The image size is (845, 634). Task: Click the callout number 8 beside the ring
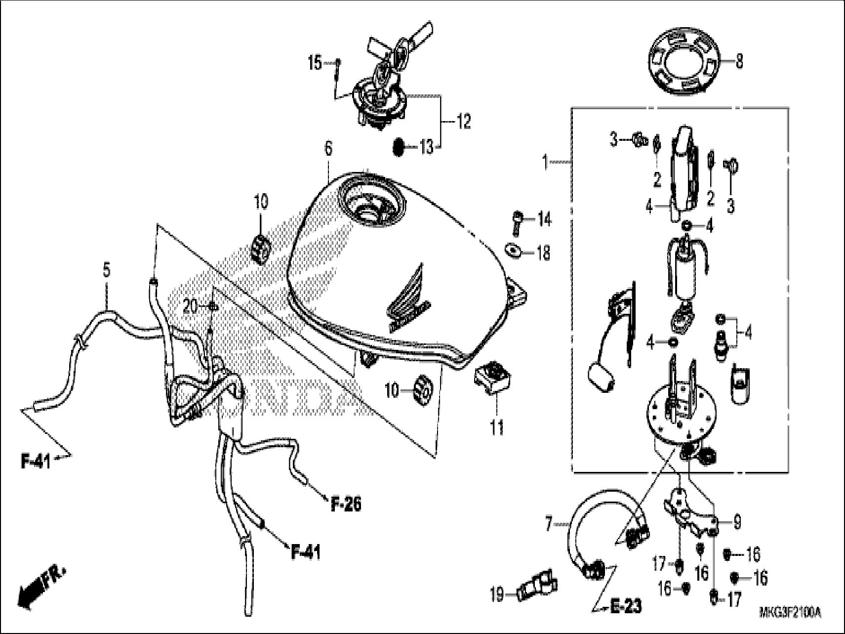click(739, 62)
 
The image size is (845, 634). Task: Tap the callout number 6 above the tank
click(329, 149)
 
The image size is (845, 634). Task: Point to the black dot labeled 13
click(399, 147)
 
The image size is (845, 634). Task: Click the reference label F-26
click(346, 504)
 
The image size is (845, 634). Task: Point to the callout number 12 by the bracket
click(464, 121)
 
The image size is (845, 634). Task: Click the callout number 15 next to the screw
click(315, 63)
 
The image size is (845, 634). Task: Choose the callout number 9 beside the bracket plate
click(737, 522)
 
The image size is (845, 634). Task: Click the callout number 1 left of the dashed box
click(545, 162)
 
